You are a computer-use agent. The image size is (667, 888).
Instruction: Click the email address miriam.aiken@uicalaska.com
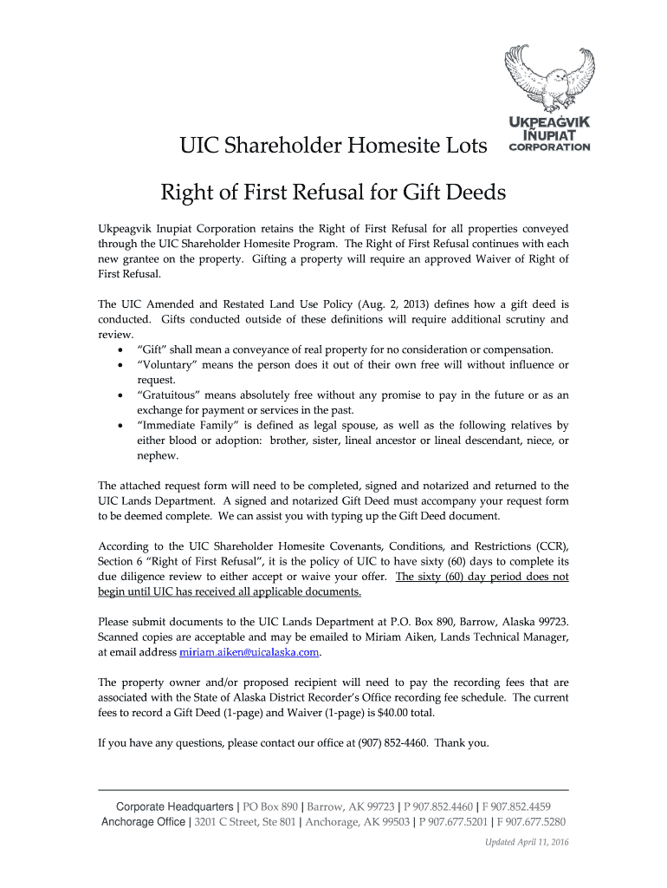[249, 652]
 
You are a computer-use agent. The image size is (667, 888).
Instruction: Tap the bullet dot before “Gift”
[119, 350]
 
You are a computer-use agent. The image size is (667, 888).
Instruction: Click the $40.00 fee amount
[397, 713]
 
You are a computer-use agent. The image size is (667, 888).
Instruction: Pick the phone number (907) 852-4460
[393, 743]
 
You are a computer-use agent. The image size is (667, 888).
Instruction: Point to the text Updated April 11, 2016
[526, 842]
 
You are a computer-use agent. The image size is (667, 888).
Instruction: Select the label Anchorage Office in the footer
[143, 822]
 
